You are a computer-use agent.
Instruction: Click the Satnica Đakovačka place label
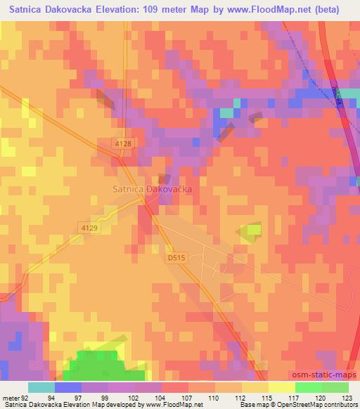coord(153,190)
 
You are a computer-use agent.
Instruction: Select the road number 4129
coord(89,228)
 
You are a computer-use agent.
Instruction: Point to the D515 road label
coord(176,259)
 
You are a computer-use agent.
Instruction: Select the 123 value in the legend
coord(348,397)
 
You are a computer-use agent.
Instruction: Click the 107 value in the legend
coord(188,397)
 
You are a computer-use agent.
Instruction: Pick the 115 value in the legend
coord(268,397)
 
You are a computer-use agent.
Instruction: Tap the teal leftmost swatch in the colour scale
coord(41,387)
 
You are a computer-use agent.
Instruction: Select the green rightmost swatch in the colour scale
coord(335,387)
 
